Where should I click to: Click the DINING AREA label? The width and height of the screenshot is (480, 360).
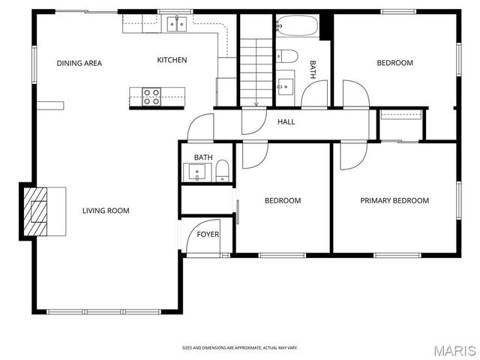pyautogui.click(x=79, y=63)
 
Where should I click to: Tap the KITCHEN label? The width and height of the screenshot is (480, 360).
pyautogui.click(x=172, y=60)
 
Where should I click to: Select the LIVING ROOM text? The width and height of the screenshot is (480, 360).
pyautogui.click(x=106, y=211)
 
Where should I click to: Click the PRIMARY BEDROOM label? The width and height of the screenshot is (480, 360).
pyautogui.click(x=394, y=200)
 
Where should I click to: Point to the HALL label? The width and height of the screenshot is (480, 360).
pyautogui.click(x=286, y=121)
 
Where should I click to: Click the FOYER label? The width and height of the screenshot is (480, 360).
pyautogui.click(x=208, y=235)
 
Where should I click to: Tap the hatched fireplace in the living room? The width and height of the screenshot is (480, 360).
pyautogui.click(x=35, y=211)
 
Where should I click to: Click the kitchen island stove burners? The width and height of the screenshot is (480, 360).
pyautogui.click(x=152, y=94)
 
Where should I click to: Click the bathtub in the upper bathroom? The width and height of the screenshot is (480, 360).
pyautogui.click(x=296, y=27)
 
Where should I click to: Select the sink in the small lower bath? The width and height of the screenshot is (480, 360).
pyautogui.click(x=197, y=172)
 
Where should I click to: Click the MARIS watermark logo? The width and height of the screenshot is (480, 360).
pyautogui.click(x=454, y=350)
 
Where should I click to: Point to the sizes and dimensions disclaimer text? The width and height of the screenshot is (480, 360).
pyautogui.click(x=239, y=347)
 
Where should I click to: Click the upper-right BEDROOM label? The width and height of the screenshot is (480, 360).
pyautogui.click(x=394, y=63)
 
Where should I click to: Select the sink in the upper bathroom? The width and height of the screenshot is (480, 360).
pyautogui.click(x=285, y=84)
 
